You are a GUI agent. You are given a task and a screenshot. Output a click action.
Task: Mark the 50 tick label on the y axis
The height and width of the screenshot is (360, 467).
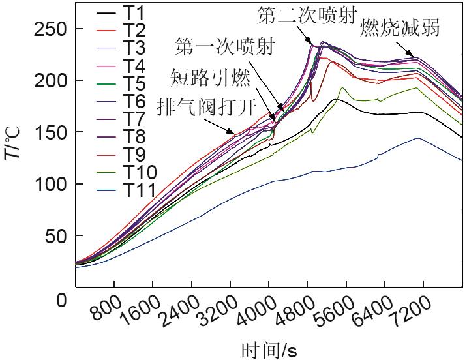click(57, 235)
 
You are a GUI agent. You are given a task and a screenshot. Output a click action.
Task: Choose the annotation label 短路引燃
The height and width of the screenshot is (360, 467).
click(211, 77)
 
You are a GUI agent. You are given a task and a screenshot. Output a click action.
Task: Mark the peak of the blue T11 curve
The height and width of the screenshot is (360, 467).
click(417, 138)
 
